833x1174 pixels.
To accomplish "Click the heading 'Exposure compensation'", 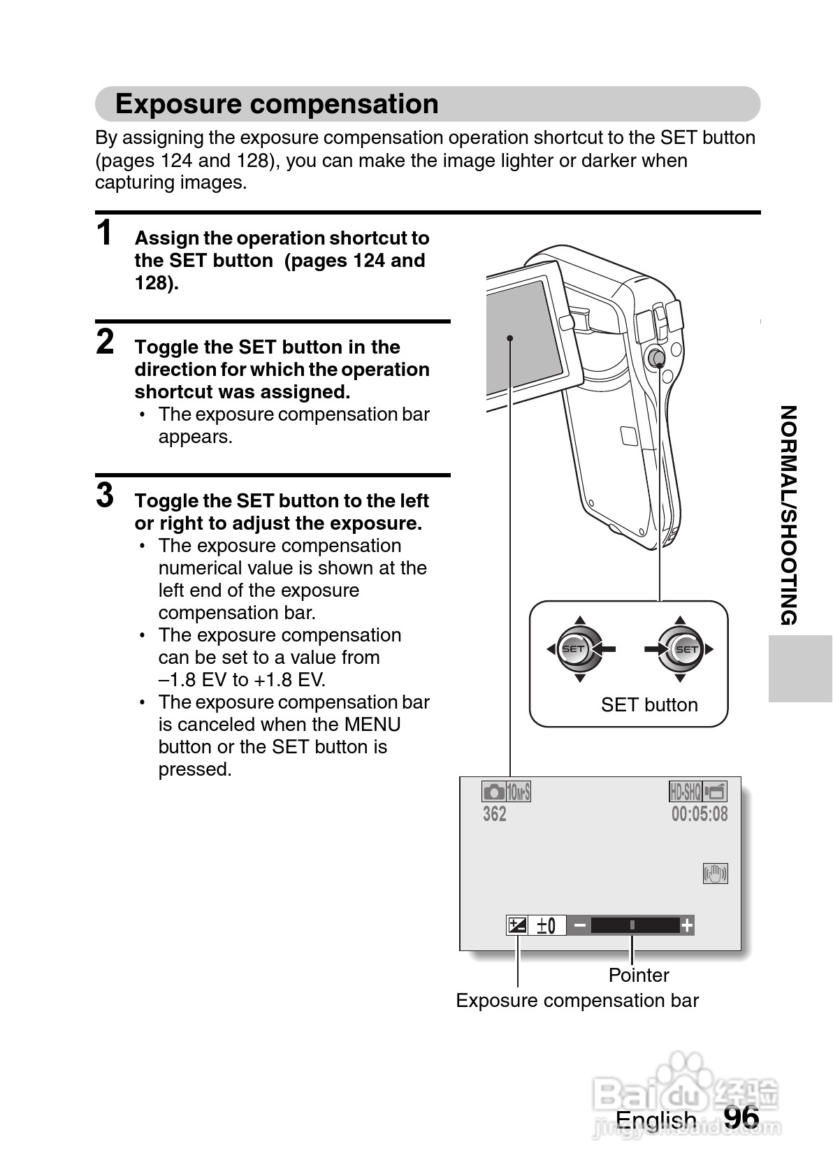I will point(277,104).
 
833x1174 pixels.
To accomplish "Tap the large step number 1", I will point(105,233).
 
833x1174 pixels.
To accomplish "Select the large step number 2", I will point(105,342).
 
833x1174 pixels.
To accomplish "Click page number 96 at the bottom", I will point(741,1117).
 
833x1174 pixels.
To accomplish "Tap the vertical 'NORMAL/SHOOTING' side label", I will point(788,515).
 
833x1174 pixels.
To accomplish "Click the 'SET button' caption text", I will point(649,704).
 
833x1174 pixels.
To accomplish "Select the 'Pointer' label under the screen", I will point(639,975).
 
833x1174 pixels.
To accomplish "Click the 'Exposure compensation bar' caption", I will point(577,1000).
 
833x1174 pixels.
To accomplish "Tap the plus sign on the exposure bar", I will point(688,926).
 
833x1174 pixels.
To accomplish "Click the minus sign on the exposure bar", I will point(579,926).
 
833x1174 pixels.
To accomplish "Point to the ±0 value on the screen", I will point(546,926).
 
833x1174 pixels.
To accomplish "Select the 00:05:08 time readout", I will point(700,814).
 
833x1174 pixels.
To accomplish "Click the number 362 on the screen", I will point(495,814).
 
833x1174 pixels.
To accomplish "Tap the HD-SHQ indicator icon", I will point(685,792).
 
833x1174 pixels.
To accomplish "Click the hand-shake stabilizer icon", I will point(715,874).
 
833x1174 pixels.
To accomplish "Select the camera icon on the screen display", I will point(493,792).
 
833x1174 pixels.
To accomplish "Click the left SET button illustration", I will point(574,649).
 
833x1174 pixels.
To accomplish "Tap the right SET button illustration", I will point(685,649).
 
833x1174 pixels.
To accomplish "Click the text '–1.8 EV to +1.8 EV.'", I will point(242,680).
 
